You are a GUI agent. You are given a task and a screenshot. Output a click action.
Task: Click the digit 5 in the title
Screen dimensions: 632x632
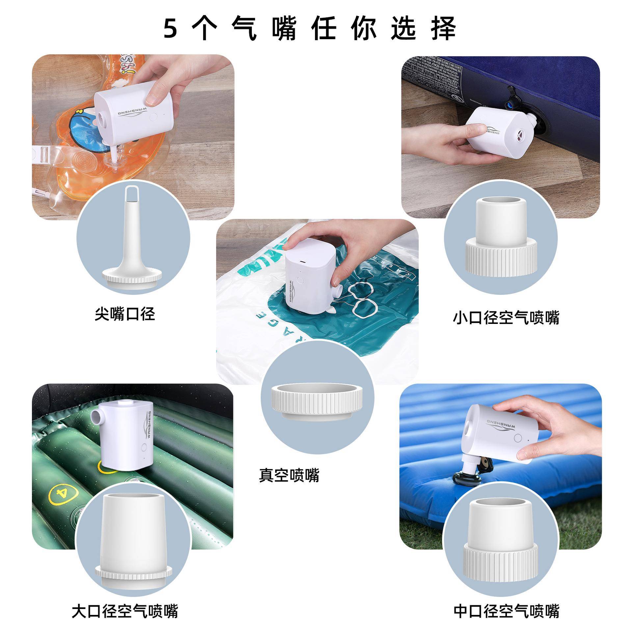point(171,29)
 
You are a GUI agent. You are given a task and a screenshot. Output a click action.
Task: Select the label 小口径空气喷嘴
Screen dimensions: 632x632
point(506,318)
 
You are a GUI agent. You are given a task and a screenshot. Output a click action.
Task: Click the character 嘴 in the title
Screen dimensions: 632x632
point(284,29)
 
